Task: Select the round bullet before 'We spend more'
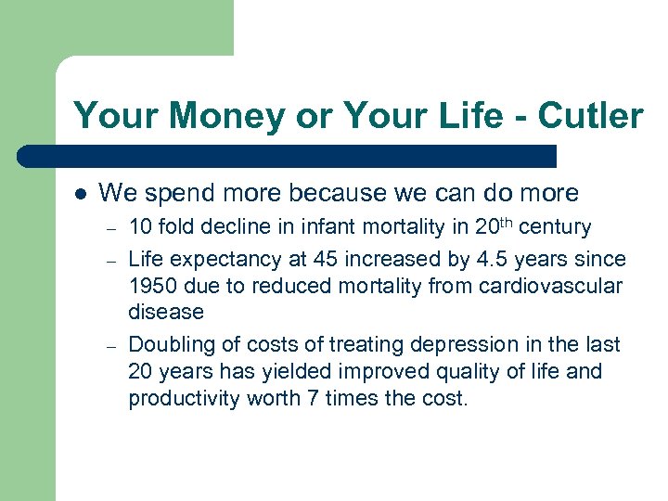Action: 80,194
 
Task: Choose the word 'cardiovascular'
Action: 553,286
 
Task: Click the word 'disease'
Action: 165,313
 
